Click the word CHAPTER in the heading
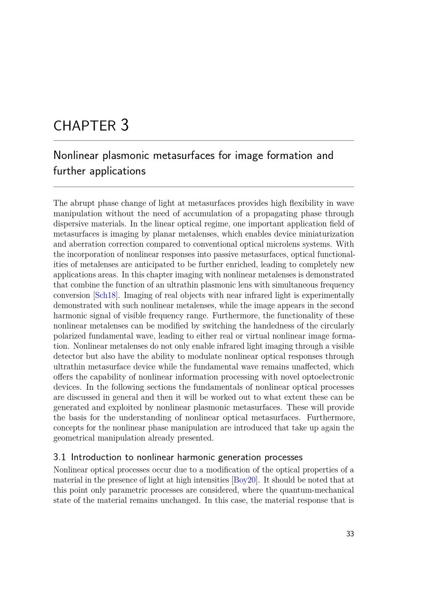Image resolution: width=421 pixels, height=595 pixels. [x=84, y=126]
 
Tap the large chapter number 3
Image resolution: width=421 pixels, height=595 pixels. [x=124, y=125]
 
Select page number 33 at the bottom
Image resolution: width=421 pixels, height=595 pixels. [x=350, y=534]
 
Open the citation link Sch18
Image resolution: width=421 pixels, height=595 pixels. [x=105, y=295]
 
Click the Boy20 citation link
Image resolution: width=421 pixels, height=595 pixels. [x=245, y=480]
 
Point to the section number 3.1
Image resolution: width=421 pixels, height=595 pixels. [x=59, y=457]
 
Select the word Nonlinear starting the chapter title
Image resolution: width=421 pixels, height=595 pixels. [x=76, y=156]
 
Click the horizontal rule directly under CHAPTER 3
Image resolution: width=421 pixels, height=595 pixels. [x=203, y=141]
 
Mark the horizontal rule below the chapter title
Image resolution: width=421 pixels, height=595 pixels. [x=203, y=187]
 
